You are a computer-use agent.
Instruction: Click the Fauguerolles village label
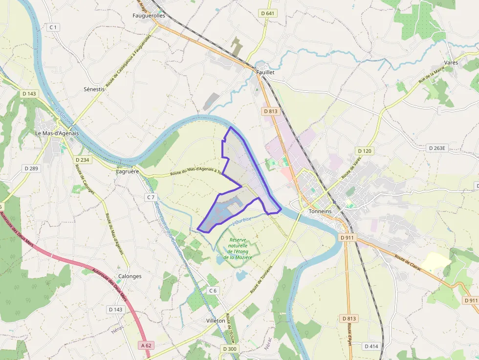click(x=149, y=15)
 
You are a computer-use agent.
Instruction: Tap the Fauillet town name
click(x=265, y=72)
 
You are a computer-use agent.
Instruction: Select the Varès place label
click(x=450, y=63)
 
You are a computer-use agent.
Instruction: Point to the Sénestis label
click(x=94, y=89)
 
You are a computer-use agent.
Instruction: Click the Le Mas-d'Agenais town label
click(x=57, y=133)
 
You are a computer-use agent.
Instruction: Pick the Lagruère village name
click(x=128, y=171)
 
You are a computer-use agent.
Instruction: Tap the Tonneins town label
click(x=320, y=211)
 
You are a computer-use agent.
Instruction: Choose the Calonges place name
click(x=130, y=276)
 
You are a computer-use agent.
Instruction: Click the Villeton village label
click(x=216, y=320)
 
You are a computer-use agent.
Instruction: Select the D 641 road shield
click(x=267, y=13)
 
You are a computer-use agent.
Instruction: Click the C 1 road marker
click(x=53, y=27)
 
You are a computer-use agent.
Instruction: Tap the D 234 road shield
click(x=83, y=160)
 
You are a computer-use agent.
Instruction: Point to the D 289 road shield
click(x=31, y=168)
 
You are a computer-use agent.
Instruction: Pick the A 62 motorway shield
click(x=147, y=345)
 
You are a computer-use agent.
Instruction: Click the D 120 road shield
click(x=364, y=151)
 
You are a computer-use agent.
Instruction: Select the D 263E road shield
click(x=438, y=148)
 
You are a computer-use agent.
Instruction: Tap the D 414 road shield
click(x=371, y=346)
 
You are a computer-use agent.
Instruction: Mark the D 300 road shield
click(x=229, y=349)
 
